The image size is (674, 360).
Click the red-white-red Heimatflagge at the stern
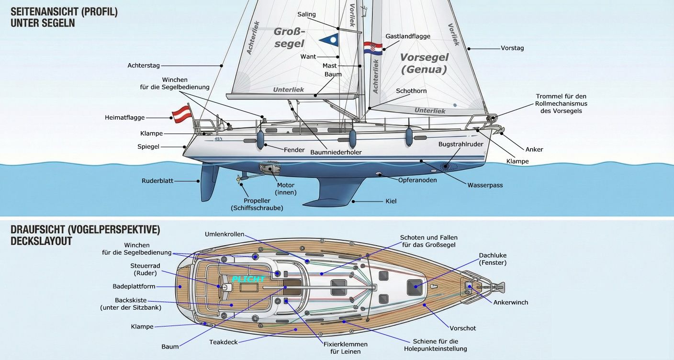pos(180,113)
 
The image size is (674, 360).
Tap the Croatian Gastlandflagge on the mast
pos(372,48)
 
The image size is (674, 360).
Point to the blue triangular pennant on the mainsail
pos(328,39)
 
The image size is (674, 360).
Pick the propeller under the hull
pos(238,179)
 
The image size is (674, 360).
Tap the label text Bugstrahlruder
pos(461,144)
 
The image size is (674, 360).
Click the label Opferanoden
pos(417,180)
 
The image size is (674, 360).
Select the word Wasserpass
pos(485,185)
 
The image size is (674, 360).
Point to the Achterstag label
pos(144,66)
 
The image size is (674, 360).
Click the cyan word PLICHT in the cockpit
pos(248,279)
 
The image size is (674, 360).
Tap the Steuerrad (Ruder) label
pos(145,269)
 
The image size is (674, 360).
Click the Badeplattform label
pos(134,286)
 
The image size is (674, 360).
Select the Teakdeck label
pos(224,342)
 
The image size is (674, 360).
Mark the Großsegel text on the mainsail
pos(289,37)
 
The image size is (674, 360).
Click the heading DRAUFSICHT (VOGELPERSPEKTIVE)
pos(85,230)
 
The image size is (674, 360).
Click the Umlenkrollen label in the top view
pos(225,234)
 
